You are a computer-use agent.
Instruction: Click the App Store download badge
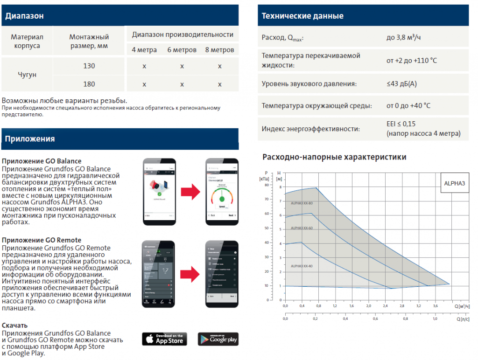point(164,339)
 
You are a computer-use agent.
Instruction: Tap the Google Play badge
point(218,339)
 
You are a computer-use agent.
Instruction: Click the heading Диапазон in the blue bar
point(25,16)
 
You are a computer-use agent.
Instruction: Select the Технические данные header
point(302,16)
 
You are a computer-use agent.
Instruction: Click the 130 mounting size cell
point(89,66)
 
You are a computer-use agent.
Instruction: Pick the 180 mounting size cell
point(89,84)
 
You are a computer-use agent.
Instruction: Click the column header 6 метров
point(182,50)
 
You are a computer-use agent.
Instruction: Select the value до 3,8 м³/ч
point(407,37)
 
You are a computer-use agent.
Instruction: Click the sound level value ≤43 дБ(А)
point(401,84)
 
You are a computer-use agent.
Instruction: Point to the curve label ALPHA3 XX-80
point(302,203)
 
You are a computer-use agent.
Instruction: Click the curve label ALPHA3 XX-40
point(302,266)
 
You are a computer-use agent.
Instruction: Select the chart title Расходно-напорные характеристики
point(334,157)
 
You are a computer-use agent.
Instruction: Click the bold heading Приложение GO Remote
point(42,240)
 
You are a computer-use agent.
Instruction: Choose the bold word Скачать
point(14,325)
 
